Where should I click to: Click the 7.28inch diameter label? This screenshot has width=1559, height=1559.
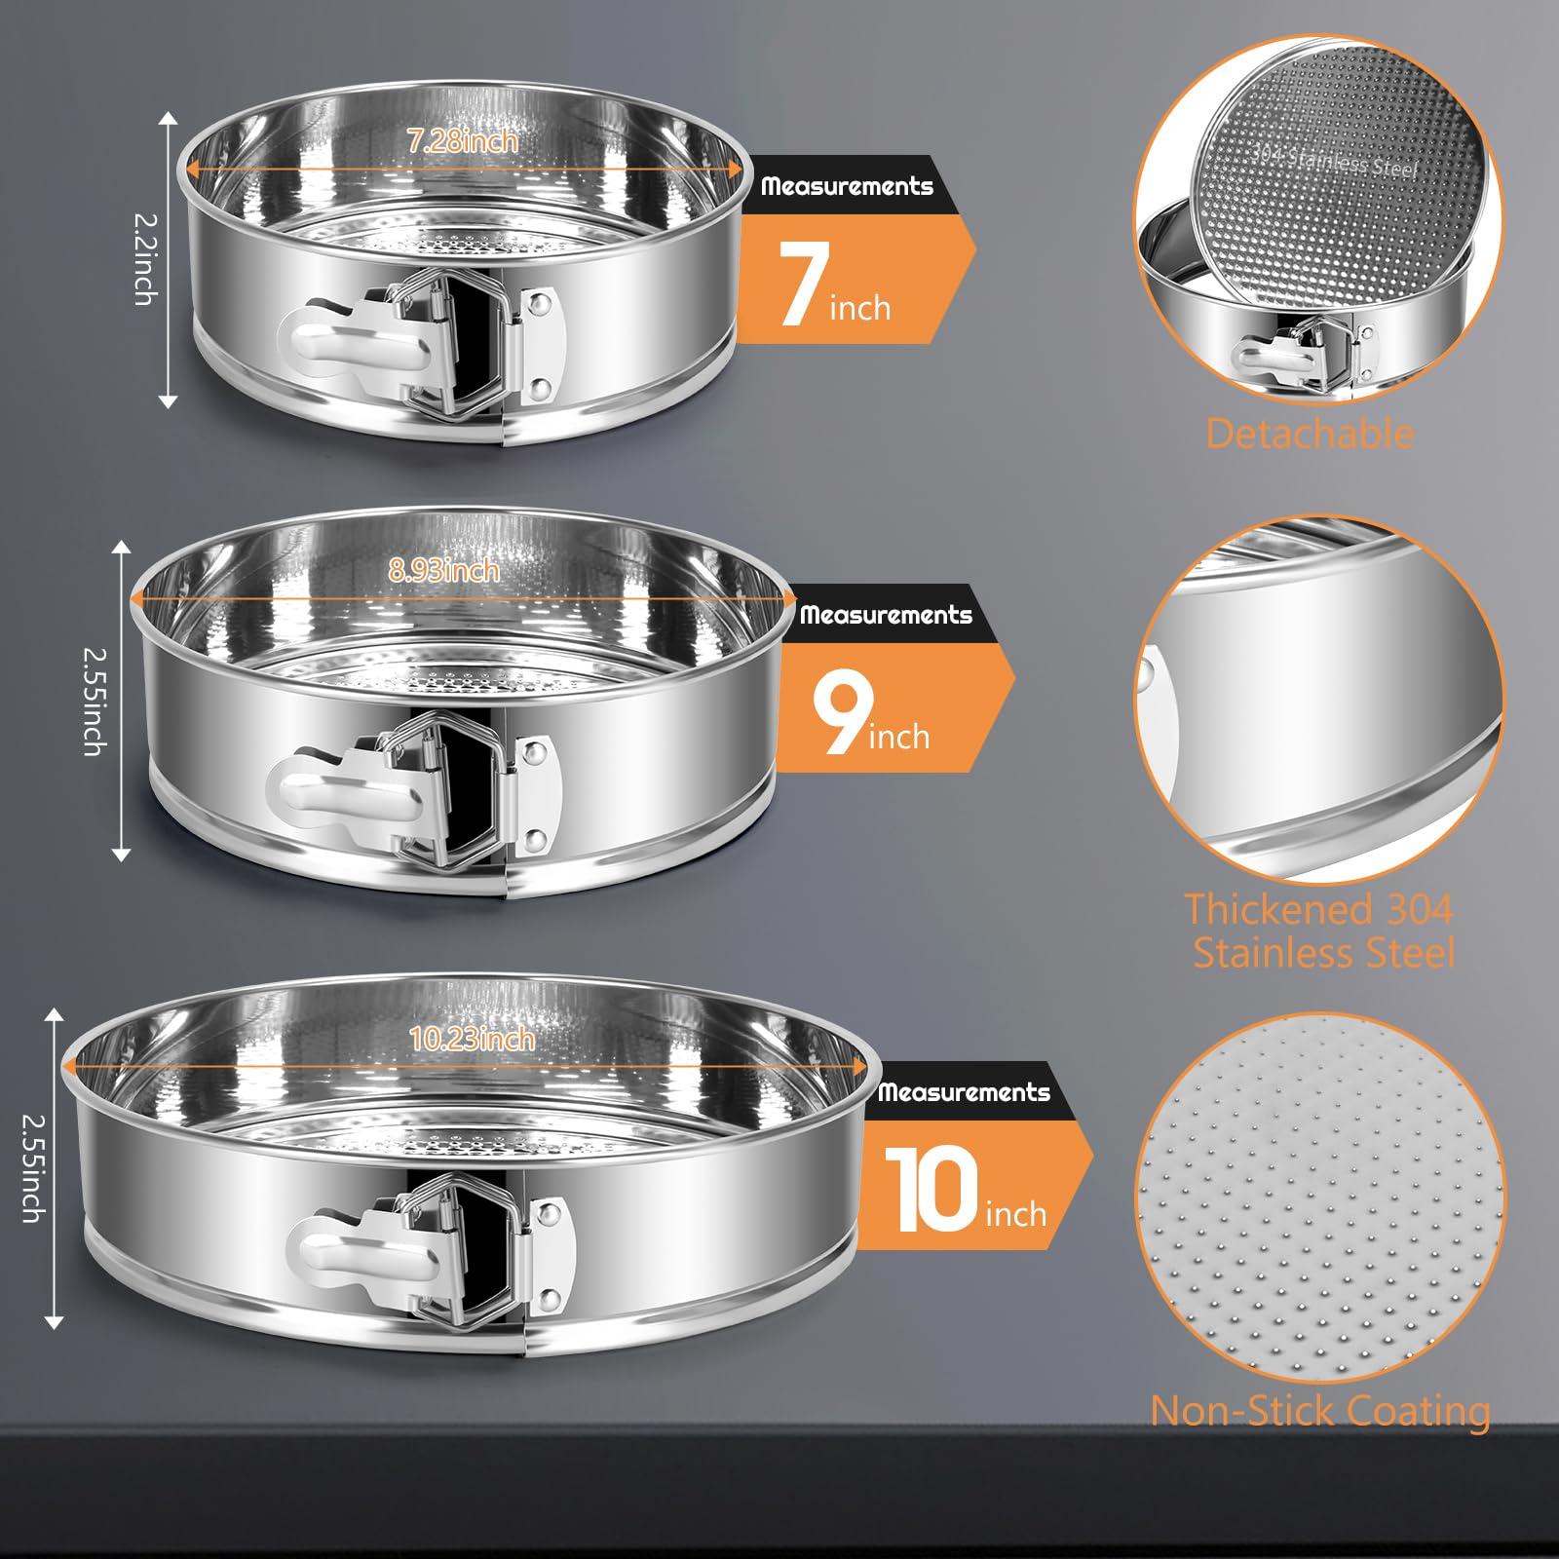pyautogui.click(x=463, y=141)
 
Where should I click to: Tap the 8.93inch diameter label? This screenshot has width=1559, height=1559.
pyautogui.click(x=444, y=570)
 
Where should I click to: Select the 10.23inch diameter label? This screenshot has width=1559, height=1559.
pyautogui.click(x=473, y=1039)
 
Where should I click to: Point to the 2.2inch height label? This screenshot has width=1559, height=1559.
pyautogui.click(x=143, y=258)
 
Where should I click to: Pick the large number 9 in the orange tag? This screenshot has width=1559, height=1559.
pyautogui.click(x=841, y=718)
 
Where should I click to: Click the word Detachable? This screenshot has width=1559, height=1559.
pyautogui.click(x=1310, y=434)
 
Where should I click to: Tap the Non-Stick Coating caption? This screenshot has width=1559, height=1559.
pyautogui.click(x=1320, y=1411)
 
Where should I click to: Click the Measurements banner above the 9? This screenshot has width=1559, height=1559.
pyautogui.click(x=886, y=615)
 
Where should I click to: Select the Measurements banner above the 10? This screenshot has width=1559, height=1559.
pyautogui.click(x=964, y=1092)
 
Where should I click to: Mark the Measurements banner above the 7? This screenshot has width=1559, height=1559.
pyautogui.click(x=847, y=186)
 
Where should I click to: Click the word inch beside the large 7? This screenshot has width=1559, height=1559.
pyautogui.click(x=860, y=308)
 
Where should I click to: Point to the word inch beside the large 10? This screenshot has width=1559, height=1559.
pyautogui.click(x=1015, y=1214)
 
